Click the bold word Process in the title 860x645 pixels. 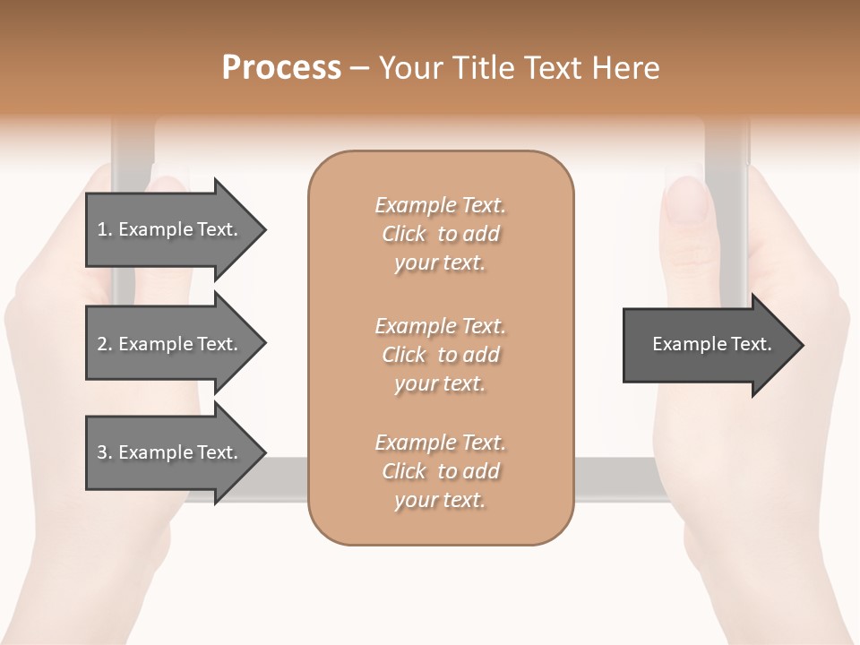pyautogui.click(x=281, y=68)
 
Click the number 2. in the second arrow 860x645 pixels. pyautogui.click(x=104, y=344)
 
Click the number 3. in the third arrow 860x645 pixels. pyautogui.click(x=104, y=452)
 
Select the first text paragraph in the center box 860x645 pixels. pyautogui.click(x=440, y=234)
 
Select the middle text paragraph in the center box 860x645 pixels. pyautogui.click(x=440, y=355)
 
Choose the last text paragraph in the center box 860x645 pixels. pyautogui.click(x=440, y=471)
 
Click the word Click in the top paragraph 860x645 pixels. pyautogui.click(x=404, y=234)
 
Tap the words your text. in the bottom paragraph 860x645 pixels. pyautogui.click(x=440, y=501)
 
